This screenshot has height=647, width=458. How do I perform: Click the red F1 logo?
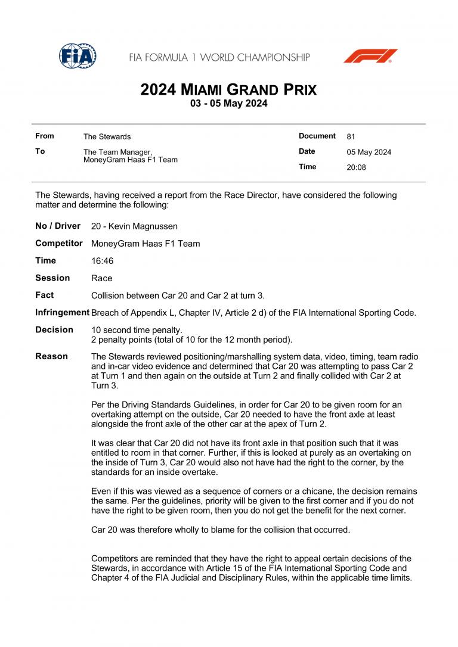(x=370, y=56)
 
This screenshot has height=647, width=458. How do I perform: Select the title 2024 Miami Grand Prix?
(x=228, y=90)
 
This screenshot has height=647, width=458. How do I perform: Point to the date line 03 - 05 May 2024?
(x=228, y=104)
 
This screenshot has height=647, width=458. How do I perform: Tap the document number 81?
(x=351, y=136)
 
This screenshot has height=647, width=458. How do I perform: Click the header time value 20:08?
(x=356, y=167)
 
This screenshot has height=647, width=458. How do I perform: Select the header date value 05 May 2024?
(x=369, y=152)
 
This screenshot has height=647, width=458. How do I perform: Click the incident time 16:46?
(x=102, y=261)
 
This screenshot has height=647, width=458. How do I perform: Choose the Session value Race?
(x=101, y=278)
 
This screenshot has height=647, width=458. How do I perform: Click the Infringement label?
(x=62, y=312)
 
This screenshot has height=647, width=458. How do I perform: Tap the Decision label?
(x=54, y=329)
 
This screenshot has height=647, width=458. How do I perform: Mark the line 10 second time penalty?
(x=137, y=330)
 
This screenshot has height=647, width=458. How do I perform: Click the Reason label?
(x=51, y=356)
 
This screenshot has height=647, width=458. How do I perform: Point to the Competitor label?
(x=59, y=243)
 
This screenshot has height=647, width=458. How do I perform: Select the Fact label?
(x=44, y=295)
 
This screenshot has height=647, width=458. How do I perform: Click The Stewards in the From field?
(x=107, y=136)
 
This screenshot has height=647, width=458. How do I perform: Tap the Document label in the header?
(x=317, y=136)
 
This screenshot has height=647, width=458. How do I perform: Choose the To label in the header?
(x=40, y=151)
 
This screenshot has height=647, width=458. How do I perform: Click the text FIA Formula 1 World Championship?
(x=219, y=58)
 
